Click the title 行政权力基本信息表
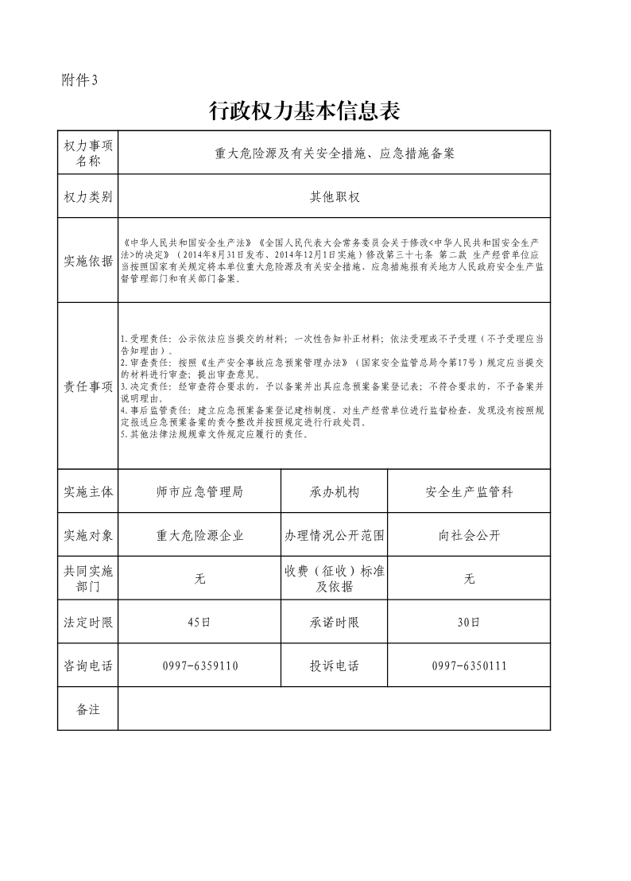point(303,111)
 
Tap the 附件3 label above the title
point(79,80)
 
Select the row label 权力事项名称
point(88,153)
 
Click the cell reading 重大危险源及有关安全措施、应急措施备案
point(334,153)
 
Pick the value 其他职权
point(334,196)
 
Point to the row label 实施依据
point(88,261)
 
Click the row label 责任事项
point(88,386)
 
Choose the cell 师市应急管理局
point(199,492)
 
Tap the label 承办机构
point(335,492)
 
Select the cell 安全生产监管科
point(469,492)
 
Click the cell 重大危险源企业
point(199,535)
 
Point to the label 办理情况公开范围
point(335,535)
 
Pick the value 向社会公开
point(469,535)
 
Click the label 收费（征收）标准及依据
point(335,579)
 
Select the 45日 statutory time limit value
point(199,623)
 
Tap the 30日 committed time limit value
point(469,623)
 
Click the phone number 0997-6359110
point(199,666)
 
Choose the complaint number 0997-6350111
point(469,666)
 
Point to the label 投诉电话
point(335,666)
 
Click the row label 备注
point(88,709)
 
